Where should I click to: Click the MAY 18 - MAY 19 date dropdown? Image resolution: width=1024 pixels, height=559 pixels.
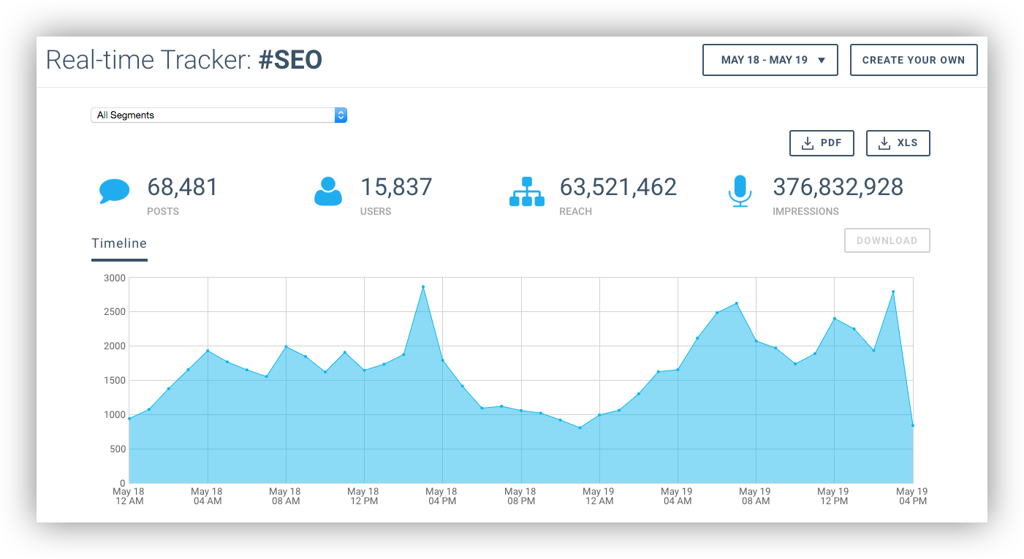coord(770,60)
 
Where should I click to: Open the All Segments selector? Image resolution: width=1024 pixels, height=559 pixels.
coord(219,115)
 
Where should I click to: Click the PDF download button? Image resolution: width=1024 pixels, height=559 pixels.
coord(822,143)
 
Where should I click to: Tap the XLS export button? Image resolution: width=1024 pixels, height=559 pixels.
coord(898,143)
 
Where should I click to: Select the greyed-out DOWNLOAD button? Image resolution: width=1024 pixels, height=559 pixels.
coord(887,240)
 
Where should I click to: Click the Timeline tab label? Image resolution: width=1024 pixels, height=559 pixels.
coord(119,243)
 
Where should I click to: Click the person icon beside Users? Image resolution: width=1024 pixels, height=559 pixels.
coord(327,191)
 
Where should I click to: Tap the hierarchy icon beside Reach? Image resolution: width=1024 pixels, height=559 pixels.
coord(526,191)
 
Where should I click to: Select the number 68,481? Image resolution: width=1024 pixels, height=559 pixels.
coord(183,188)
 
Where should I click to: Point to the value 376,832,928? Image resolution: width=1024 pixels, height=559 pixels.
coord(838,188)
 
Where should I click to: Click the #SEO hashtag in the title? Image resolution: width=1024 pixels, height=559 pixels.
coord(290,60)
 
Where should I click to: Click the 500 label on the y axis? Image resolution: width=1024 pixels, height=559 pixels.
coord(118,449)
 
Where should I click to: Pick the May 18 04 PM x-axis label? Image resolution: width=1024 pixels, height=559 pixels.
coord(441,496)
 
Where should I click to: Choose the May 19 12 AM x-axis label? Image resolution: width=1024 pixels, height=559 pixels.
coord(599,496)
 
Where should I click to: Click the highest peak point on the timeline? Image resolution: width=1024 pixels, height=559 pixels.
coord(423,286)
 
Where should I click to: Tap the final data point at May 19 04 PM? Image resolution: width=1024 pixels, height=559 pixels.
coord(913,425)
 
